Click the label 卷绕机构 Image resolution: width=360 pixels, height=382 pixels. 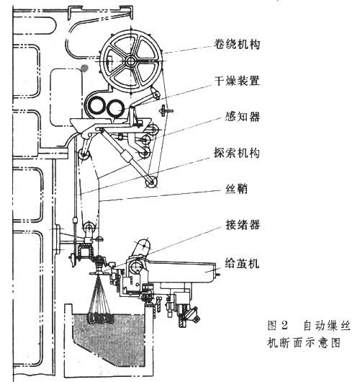[x=237, y=45]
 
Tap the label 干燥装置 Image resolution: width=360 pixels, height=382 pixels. [x=237, y=81]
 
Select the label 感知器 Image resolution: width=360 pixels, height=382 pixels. [x=243, y=117]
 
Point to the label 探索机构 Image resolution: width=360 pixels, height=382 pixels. [x=237, y=153]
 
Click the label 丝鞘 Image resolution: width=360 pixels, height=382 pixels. [x=236, y=189]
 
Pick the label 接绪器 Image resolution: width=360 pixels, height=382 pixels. [x=243, y=225]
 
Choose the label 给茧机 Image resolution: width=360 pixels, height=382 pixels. [x=242, y=263]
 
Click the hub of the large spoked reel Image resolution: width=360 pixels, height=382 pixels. [x=131, y=61]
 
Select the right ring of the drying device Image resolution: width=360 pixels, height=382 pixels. [x=115, y=108]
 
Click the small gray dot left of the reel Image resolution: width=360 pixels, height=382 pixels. [x=84, y=68]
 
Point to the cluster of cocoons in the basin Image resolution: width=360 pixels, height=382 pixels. [x=100, y=318]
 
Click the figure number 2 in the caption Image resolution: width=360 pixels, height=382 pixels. [x=284, y=326]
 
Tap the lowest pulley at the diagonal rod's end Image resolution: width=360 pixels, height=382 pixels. [x=151, y=182]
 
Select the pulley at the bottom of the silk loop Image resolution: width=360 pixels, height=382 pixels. [x=89, y=227]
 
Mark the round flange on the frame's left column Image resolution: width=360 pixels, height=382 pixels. [x=58, y=240]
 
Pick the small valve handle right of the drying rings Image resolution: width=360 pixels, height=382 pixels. [x=165, y=111]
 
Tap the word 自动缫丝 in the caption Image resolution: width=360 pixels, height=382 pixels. [x=327, y=326]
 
